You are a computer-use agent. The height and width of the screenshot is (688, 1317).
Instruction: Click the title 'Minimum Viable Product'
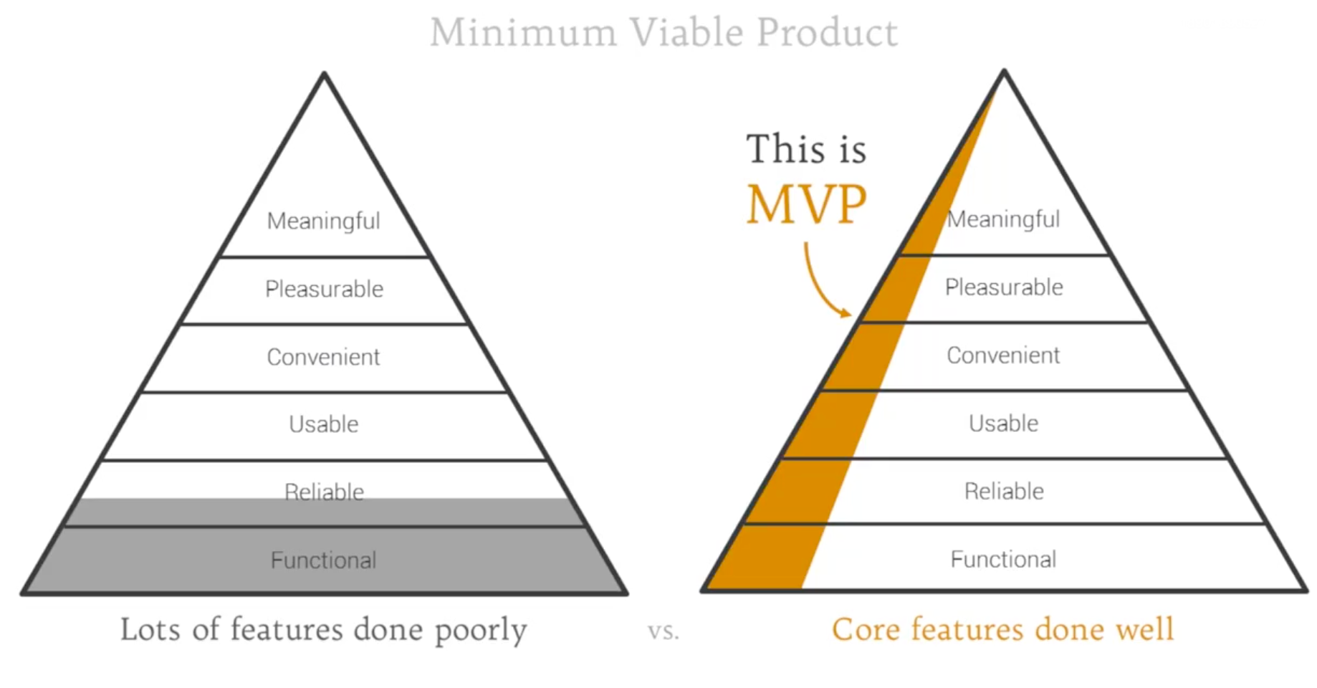[664, 33]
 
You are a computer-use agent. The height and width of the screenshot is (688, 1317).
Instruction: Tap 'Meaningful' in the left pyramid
[323, 221]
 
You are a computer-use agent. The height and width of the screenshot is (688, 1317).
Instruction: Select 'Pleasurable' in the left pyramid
[324, 289]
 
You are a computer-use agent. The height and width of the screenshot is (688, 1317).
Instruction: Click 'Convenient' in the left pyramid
[323, 357]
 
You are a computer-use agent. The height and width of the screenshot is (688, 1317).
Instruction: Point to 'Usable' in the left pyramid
[323, 424]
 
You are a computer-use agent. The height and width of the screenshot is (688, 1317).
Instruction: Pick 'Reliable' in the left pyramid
[324, 492]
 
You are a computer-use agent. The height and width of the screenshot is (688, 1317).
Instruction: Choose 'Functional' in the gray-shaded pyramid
[323, 560]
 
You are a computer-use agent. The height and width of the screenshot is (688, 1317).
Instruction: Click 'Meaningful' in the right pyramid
[1003, 219]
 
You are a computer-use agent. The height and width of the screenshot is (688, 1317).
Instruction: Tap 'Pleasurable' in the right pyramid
[1004, 287]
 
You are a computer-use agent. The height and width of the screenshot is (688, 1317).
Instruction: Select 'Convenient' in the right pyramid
[1003, 355]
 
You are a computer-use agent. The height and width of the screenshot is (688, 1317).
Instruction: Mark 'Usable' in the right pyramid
[1003, 424]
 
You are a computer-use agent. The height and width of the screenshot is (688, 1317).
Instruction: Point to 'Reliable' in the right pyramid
[1004, 491]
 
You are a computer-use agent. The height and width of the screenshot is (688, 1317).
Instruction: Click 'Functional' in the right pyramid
[1003, 559]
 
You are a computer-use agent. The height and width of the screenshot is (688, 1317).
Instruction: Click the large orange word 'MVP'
[806, 205]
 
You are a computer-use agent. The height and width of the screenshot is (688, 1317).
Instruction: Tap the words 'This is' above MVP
[806, 149]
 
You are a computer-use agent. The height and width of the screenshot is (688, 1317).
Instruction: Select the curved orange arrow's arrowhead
[846, 312]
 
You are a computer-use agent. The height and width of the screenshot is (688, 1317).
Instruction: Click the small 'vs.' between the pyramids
[663, 631]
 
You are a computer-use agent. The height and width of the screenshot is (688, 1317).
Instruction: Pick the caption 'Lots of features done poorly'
[323, 630]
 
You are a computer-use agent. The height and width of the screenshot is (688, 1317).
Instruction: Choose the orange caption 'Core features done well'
[1002, 629]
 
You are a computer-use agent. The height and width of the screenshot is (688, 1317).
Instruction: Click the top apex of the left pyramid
[324, 72]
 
